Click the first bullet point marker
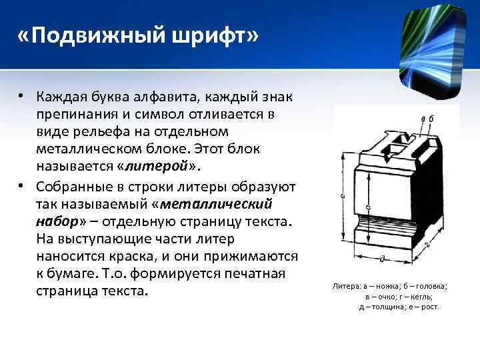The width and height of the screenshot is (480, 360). [x=23, y=97]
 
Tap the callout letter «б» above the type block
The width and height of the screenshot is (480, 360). [x=431, y=119]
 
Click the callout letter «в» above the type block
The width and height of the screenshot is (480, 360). [x=424, y=119]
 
